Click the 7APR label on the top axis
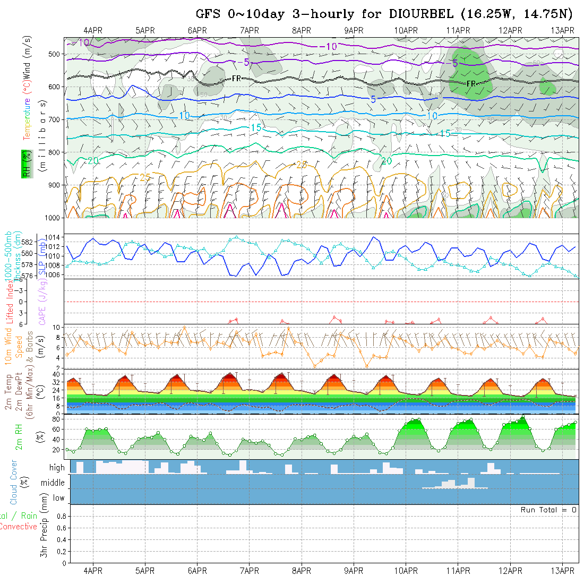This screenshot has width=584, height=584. pyautogui.click(x=249, y=31)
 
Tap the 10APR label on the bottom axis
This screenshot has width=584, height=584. pyautogui.click(x=406, y=571)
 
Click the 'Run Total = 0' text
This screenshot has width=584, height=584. pyautogui.click(x=548, y=510)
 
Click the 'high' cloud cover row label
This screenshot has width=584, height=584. pyautogui.click(x=57, y=468)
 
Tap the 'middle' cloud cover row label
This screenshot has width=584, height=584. pyautogui.click(x=53, y=483)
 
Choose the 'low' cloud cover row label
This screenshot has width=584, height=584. pyautogui.click(x=58, y=498)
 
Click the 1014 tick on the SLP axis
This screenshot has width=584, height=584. pyautogui.click(x=57, y=237)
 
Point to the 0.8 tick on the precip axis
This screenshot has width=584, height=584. pyautogui.click(x=61, y=516)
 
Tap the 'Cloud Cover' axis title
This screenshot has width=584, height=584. pyautogui.click(x=14, y=482)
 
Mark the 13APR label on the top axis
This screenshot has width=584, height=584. pyautogui.click(x=563, y=31)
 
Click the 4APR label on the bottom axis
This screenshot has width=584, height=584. pyautogui.click(x=93, y=571)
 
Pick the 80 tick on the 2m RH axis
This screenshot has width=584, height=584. pyautogui.click(x=54, y=419)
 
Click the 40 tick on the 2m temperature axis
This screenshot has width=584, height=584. pyautogui.click(x=54, y=374)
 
